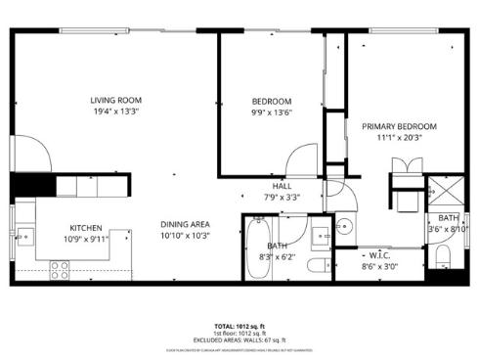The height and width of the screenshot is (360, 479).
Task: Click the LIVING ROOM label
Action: click(x=116, y=100)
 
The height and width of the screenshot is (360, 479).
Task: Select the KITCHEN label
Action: click(x=86, y=226)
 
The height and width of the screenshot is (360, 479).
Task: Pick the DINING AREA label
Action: click(x=185, y=224)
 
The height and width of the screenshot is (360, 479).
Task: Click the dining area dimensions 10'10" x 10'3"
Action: click(x=185, y=236)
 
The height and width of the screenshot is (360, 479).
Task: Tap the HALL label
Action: click(x=282, y=186)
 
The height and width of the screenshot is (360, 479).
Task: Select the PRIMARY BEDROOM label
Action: click(x=399, y=126)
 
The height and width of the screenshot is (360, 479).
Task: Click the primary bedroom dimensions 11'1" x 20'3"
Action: click(x=399, y=138)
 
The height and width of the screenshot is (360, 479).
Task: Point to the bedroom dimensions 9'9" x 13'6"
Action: click(x=272, y=113)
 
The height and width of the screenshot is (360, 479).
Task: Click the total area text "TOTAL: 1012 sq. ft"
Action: click(x=239, y=326)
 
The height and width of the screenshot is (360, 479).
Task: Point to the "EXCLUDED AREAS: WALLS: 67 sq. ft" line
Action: click(x=239, y=339)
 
